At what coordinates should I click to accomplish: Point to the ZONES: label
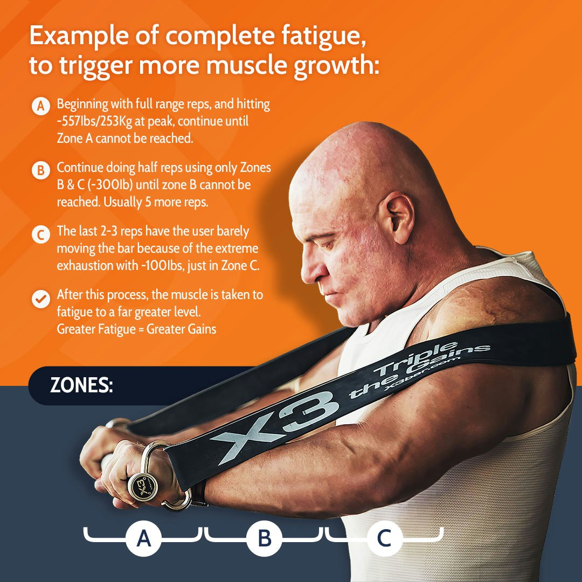pyautogui.click(x=81, y=386)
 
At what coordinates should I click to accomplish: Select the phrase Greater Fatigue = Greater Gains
pyautogui.click(x=136, y=328)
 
